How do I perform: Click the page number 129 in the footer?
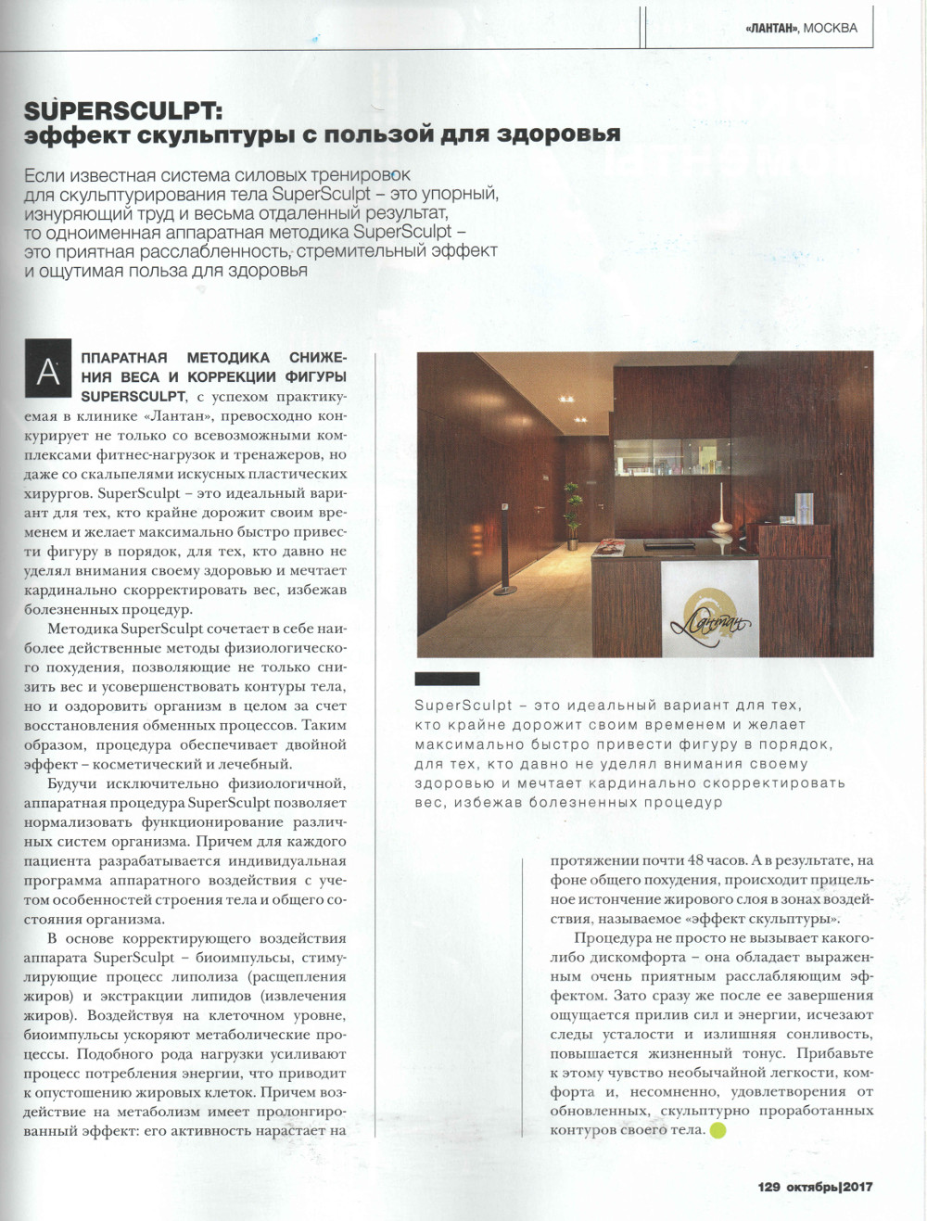coord(769,1187)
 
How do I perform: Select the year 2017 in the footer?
coord(857,1187)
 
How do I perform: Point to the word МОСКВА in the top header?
coord(830,28)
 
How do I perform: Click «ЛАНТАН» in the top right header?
coord(771,28)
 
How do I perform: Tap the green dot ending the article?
coord(717,1130)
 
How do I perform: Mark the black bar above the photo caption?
coord(447,679)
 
